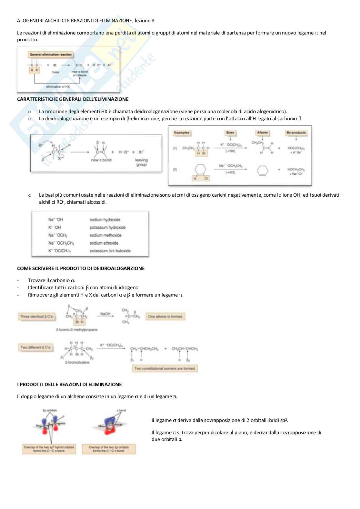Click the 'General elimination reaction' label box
51,55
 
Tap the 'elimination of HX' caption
58,87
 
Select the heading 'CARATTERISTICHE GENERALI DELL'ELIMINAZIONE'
73,99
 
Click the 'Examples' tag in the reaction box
182,132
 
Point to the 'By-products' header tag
296,132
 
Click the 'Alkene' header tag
263,132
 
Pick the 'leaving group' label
141,162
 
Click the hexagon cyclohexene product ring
262,171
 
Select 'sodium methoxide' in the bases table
105,235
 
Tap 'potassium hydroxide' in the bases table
107,228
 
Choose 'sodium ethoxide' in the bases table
104,243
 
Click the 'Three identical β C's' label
36,317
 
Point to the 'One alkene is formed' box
165,317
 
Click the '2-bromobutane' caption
77,362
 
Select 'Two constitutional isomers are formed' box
165,368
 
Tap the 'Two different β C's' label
35,347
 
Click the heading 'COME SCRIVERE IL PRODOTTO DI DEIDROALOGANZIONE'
81,268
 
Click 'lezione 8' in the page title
144,21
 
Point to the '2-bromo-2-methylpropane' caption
76,330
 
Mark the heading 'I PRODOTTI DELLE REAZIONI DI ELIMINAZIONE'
69,384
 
